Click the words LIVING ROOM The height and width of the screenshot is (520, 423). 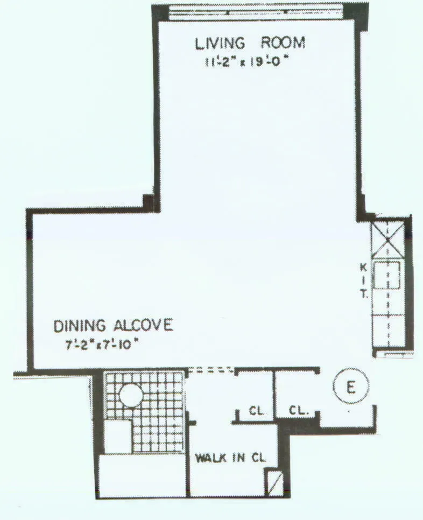point(250,43)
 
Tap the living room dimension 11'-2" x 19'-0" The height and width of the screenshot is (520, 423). point(247,62)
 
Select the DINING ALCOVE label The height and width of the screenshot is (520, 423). point(113,326)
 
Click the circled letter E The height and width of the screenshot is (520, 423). point(350,388)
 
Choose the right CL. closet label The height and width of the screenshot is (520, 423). point(298,411)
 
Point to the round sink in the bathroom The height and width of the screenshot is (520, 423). point(131,397)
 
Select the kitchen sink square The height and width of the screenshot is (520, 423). point(386,276)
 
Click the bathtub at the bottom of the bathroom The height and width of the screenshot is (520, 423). point(142,476)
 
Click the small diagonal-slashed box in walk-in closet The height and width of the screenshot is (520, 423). point(274,482)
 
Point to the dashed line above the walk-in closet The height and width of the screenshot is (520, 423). point(210,370)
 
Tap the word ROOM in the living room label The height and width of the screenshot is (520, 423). point(283,43)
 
